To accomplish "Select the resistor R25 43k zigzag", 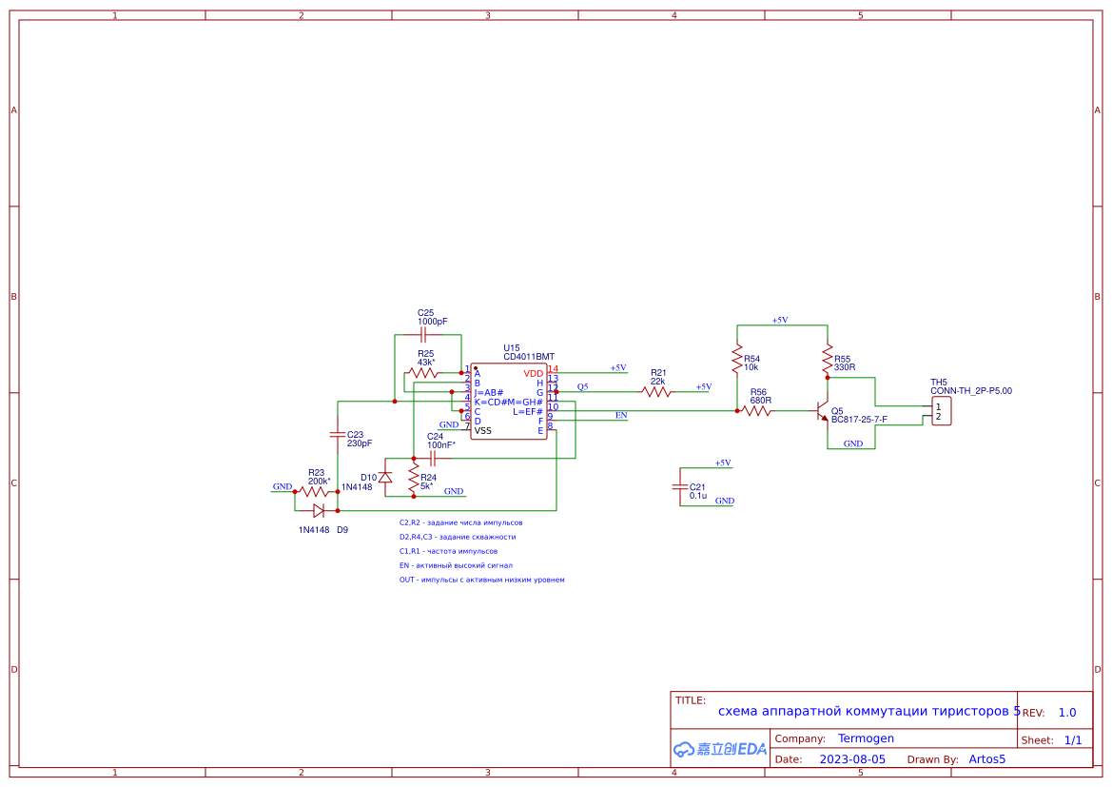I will pos(424,373).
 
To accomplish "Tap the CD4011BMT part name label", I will pos(529,357).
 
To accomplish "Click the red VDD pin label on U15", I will pos(534,373).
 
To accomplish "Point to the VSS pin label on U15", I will pos(483,431).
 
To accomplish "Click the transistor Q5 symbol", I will pos(822,412).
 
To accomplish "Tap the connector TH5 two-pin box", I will pos(941,412).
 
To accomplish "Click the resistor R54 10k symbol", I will pos(736,360).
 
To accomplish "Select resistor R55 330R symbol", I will pos(828,360).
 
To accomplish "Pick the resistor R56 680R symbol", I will pos(756,411).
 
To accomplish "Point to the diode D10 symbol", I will pos(385,478).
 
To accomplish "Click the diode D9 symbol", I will pos(319,510).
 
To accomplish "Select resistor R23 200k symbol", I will pos(315,492).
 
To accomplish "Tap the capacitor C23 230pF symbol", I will pos(337,435).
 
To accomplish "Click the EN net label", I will pos(621,415).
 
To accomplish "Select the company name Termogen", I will pos(866,738).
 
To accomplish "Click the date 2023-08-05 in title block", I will pos(852,759).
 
